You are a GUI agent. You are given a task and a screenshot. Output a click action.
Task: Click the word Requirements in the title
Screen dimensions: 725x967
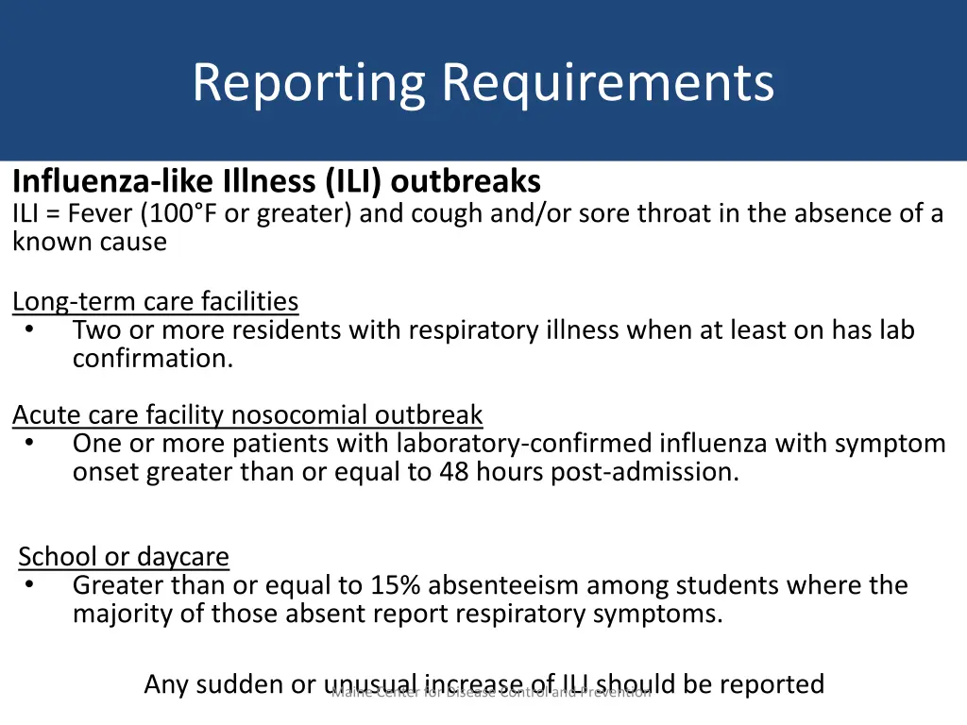click(x=608, y=83)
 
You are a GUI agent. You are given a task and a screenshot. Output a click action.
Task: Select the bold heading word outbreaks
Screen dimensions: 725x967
click(x=466, y=180)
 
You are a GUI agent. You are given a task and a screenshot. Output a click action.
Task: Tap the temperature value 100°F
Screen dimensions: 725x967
click(x=181, y=213)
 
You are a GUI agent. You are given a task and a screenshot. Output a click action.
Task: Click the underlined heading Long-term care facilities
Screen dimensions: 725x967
click(x=155, y=302)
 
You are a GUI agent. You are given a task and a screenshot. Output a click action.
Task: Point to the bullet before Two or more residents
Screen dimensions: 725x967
click(x=30, y=330)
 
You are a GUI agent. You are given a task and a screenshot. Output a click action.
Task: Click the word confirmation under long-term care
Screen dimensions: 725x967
click(x=152, y=359)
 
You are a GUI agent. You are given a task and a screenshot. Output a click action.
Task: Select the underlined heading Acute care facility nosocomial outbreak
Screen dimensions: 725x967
click(x=247, y=415)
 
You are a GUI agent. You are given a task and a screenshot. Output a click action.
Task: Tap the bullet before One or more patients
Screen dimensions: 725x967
click(x=30, y=444)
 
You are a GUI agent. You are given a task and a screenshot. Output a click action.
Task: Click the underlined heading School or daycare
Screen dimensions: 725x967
click(x=124, y=557)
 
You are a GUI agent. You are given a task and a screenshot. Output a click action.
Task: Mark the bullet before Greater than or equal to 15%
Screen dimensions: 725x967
click(x=30, y=585)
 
